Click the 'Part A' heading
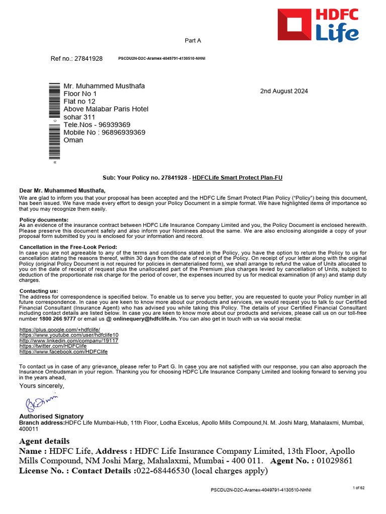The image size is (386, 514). [x=194, y=41]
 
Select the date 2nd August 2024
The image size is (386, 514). [x=284, y=91]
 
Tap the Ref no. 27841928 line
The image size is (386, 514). [x=76, y=59]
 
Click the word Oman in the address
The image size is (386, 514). [x=73, y=140]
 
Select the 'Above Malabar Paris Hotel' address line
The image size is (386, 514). [x=106, y=109]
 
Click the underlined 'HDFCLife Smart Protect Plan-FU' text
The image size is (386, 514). [x=237, y=178]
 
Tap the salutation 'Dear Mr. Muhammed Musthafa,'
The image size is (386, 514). [x=62, y=191]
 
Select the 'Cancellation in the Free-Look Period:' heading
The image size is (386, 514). [x=68, y=247]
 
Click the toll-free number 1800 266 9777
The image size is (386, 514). [x=58, y=319]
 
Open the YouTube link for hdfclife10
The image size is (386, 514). [x=69, y=335]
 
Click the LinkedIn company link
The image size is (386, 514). [x=68, y=341]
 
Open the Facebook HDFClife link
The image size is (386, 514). [x=63, y=352]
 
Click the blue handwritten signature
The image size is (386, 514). [x=42, y=402]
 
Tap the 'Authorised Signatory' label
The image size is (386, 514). [x=51, y=417]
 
